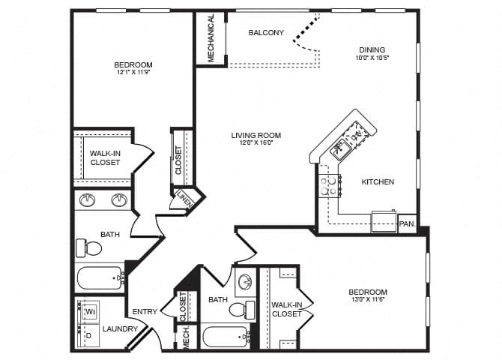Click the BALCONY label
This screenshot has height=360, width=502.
click(266, 32)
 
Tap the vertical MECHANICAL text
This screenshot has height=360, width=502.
click(211, 38)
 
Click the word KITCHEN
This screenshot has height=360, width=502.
click(378, 182)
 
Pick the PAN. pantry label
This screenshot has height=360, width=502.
click(407, 223)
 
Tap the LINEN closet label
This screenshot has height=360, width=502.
click(184, 199)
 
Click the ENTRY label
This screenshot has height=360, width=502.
click(145, 312)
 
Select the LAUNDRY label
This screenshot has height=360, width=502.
click(121, 328)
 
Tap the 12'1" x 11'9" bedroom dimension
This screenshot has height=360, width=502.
click(133, 73)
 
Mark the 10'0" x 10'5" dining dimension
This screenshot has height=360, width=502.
click(372, 57)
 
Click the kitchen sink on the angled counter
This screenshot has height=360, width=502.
click(341, 147)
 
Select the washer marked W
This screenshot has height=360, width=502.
click(89, 310)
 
